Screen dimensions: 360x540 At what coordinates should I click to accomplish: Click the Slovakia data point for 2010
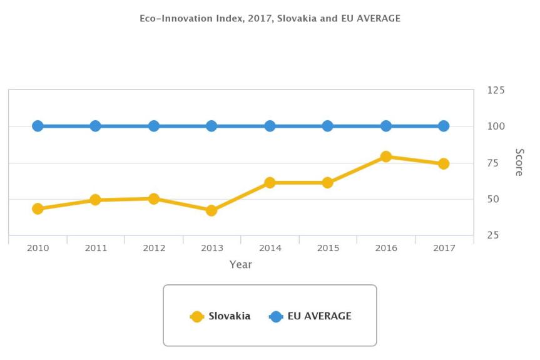tap(38, 208)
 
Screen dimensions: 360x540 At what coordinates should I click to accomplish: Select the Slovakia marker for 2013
tap(211, 210)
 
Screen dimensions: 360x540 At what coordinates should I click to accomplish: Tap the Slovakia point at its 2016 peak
tap(386, 157)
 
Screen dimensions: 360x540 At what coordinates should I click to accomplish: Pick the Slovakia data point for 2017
tap(444, 163)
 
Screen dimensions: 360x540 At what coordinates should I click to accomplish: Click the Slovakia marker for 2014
tap(270, 182)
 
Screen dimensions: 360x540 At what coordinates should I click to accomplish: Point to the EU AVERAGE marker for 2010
tap(38, 126)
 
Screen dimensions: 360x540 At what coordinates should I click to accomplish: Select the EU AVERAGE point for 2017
tap(444, 126)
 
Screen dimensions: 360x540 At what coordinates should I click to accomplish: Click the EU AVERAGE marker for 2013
tap(211, 126)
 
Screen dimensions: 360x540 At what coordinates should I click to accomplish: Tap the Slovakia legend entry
tap(220, 316)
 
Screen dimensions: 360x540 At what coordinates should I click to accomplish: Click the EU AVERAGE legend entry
tap(311, 316)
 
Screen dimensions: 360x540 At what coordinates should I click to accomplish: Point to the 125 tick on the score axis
tap(496, 90)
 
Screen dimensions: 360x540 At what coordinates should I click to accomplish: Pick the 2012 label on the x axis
tap(154, 249)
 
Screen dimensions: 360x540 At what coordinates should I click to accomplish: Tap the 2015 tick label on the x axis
tap(328, 249)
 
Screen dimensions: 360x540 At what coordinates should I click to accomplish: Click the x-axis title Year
tap(240, 264)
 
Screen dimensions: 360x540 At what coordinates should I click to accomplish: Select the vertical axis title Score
tap(519, 162)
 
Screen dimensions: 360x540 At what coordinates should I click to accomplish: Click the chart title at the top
tap(270, 19)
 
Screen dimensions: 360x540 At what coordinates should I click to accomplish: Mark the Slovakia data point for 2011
tap(95, 200)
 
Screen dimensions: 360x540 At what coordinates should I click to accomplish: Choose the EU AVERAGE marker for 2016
tap(386, 126)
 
